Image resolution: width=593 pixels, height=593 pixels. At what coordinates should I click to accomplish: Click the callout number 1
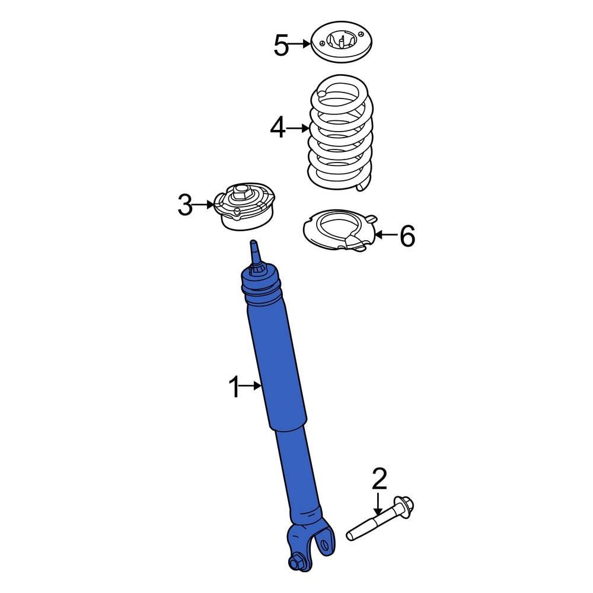pyautogui.click(x=235, y=387)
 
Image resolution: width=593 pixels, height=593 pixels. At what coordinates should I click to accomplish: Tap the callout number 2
pyautogui.click(x=379, y=479)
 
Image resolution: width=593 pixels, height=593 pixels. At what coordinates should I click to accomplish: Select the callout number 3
pyautogui.click(x=185, y=205)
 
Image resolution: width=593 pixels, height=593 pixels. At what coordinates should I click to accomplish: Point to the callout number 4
pyautogui.click(x=278, y=128)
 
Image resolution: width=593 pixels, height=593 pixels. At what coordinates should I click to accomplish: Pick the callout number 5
pyautogui.click(x=281, y=45)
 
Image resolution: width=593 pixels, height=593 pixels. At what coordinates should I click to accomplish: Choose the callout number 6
pyautogui.click(x=407, y=236)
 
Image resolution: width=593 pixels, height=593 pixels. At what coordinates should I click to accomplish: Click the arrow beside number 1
pyautogui.click(x=253, y=387)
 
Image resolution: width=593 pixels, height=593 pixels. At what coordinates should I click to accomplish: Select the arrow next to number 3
pyautogui.click(x=203, y=205)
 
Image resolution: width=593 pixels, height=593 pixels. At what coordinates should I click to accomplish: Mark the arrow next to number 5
pyautogui.click(x=301, y=43)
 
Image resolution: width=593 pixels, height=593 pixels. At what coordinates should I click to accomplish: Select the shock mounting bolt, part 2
pyautogui.click(x=380, y=521)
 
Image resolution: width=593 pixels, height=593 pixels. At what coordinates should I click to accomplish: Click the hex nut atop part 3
pyautogui.click(x=241, y=191)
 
